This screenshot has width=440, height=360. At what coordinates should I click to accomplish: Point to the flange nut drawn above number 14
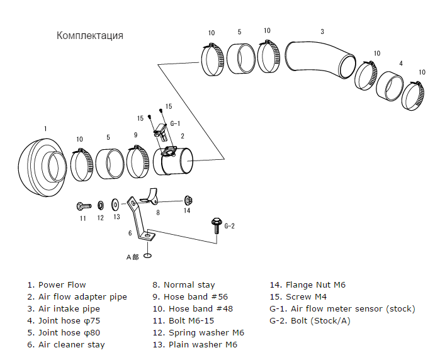tap(188, 200)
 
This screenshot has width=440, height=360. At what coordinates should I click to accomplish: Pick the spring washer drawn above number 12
tap(100, 205)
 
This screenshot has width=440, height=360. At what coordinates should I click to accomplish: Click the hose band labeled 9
tap(138, 162)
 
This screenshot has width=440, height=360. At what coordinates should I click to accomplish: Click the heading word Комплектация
tap(89, 35)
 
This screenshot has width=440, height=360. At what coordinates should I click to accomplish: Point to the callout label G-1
tap(175, 124)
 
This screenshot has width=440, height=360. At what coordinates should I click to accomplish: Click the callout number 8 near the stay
tap(158, 213)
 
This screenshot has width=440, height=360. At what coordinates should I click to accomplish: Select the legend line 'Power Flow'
tap(62, 284)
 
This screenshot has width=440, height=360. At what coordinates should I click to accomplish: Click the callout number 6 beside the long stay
tap(130, 233)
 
